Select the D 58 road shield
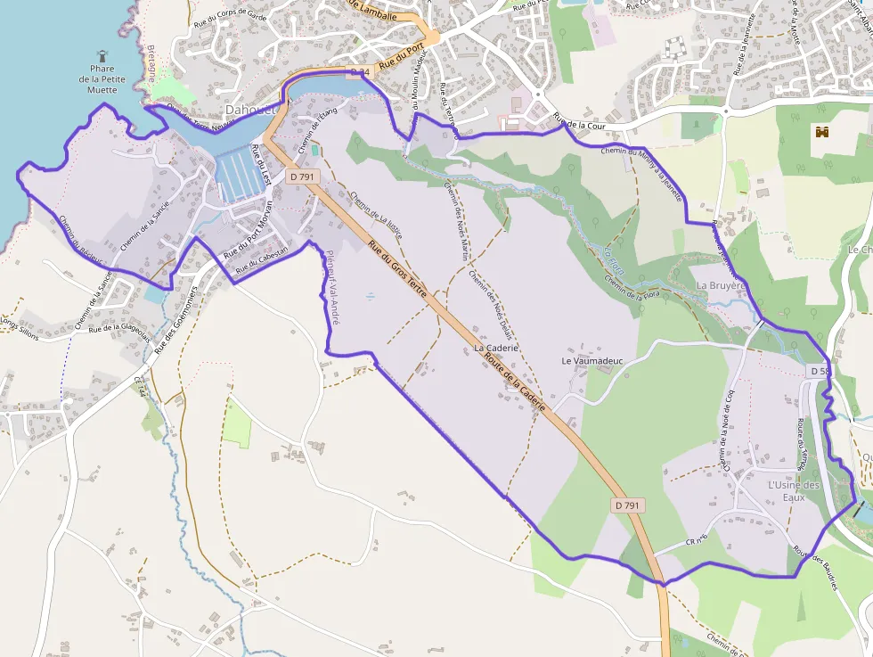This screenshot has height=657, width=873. pyautogui.click(x=819, y=370)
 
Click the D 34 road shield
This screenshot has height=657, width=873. pyautogui.click(x=359, y=71)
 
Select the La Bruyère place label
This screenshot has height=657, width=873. pyautogui.click(x=720, y=285)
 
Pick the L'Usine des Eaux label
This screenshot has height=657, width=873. pyautogui.click(x=793, y=490)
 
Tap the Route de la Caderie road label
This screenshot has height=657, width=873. pyautogui.click(x=515, y=382)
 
